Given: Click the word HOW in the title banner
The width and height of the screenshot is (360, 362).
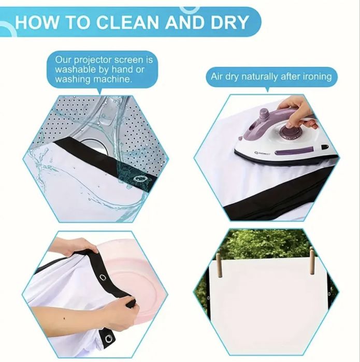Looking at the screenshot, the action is [37, 22].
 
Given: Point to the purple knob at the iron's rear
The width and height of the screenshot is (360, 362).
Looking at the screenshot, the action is [264, 114].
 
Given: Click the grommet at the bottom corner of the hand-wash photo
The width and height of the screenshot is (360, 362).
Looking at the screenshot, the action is [108, 339].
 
